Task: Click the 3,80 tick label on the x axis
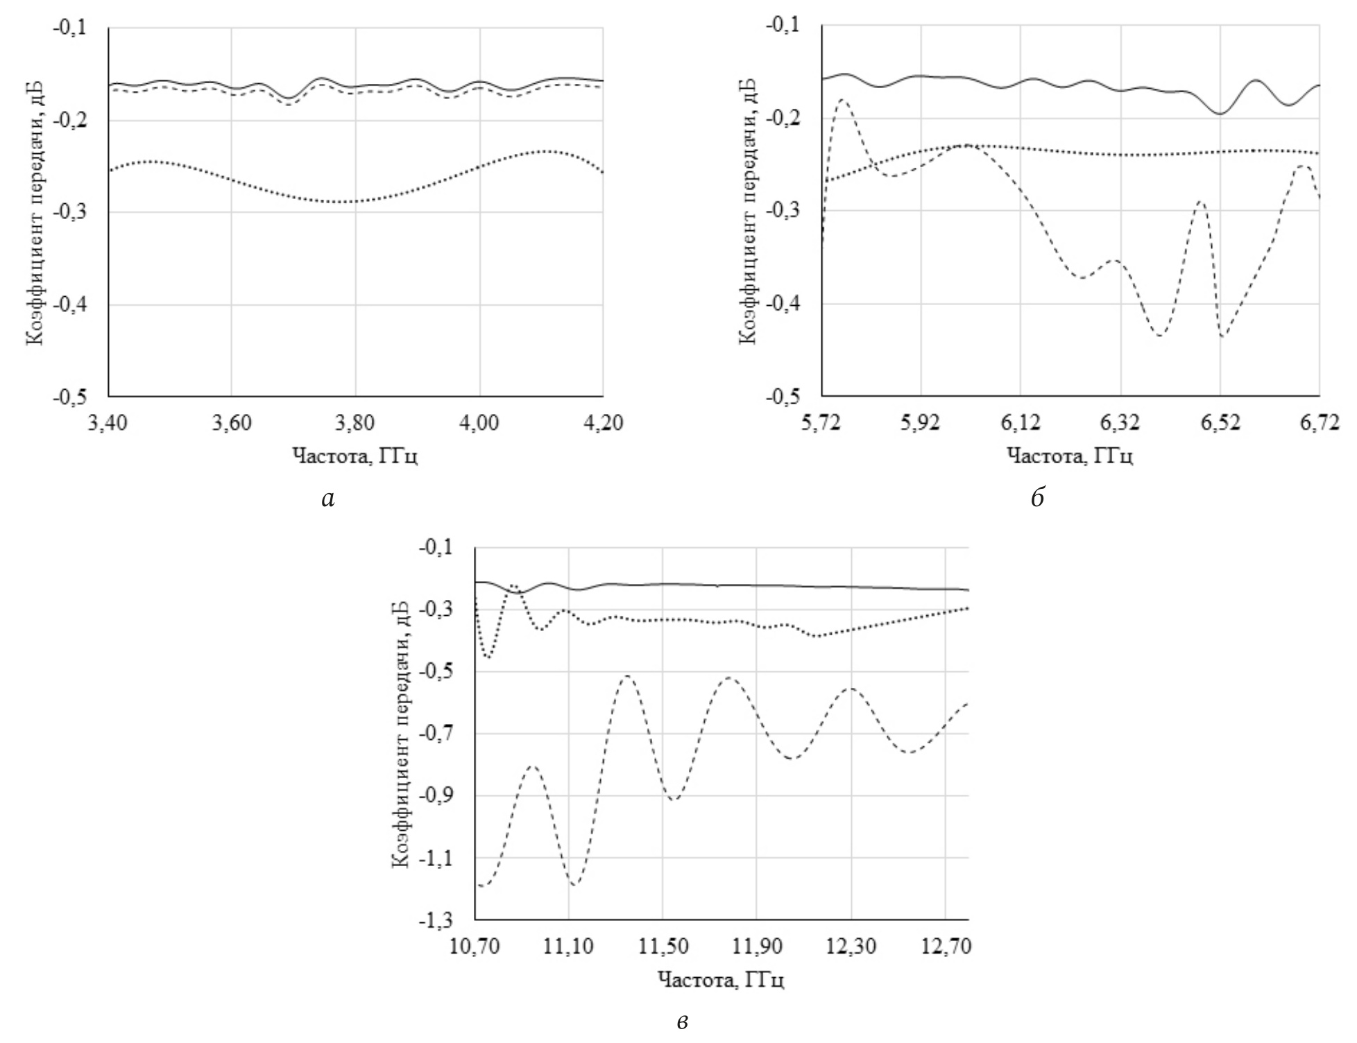pyautogui.click(x=355, y=423)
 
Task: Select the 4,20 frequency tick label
pyautogui.click(x=603, y=423)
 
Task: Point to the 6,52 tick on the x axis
pyautogui.click(x=1220, y=422)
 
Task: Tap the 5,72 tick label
pyautogui.click(x=821, y=422)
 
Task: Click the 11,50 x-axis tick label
pyautogui.click(x=663, y=946)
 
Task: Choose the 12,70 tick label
pyautogui.click(x=946, y=946)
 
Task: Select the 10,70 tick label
pyautogui.click(x=475, y=946)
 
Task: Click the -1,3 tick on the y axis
pyautogui.click(x=436, y=920)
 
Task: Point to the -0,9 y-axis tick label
pyautogui.click(x=436, y=795)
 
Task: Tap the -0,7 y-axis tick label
pyautogui.click(x=436, y=734)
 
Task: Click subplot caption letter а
pyautogui.click(x=328, y=498)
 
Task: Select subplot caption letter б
pyautogui.click(x=1038, y=497)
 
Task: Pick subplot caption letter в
pyautogui.click(x=683, y=1021)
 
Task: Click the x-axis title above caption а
pyautogui.click(x=355, y=456)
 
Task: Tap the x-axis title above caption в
pyautogui.click(x=721, y=979)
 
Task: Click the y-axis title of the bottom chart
pyautogui.click(x=400, y=734)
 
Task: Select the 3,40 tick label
pyautogui.click(x=108, y=423)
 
